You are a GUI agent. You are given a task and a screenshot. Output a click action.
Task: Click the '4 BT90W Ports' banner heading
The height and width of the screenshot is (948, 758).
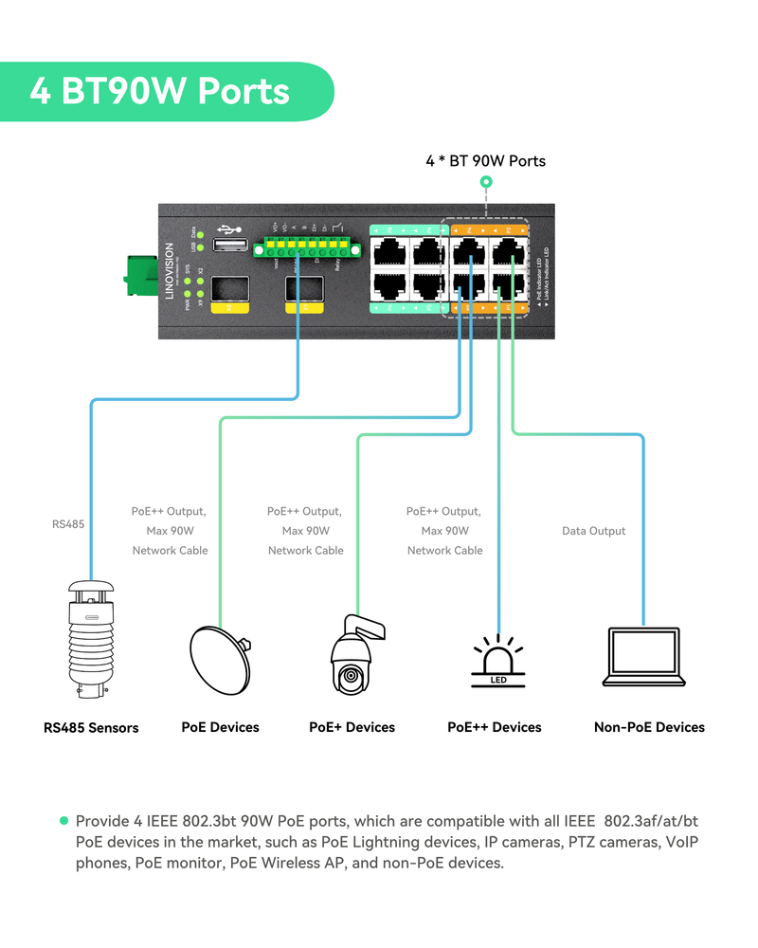click(x=159, y=91)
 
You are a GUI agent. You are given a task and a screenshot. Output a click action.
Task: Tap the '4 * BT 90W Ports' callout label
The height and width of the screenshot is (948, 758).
click(x=485, y=161)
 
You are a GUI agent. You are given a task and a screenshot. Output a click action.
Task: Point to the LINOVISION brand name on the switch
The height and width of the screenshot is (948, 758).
click(x=169, y=272)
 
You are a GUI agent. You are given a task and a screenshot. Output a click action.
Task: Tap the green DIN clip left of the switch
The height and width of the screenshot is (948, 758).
click(x=139, y=275)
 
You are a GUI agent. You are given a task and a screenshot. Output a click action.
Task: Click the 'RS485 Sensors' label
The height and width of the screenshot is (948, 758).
click(x=91, y=728)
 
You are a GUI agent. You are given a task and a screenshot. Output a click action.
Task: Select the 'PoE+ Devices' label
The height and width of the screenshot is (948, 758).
click(x=352, y=727)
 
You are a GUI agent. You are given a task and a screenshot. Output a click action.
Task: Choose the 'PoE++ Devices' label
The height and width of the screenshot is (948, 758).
click(x=495, y=727)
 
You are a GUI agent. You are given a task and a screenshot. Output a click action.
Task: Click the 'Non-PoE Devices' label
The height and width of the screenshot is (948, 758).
click(x=649, y=727)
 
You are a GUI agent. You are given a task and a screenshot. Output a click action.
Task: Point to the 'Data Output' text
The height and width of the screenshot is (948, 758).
click(x=594, y=531)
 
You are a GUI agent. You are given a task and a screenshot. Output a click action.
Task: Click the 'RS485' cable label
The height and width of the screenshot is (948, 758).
click(x=68, y=523)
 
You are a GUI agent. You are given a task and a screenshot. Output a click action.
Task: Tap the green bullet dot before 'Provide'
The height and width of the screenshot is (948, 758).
click(x=64, y=820)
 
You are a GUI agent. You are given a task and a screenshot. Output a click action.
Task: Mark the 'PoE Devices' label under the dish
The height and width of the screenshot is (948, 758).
click(x=220, y=727)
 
